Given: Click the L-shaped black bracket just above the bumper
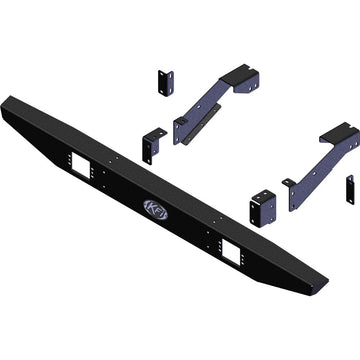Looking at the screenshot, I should pyautogui.click(x=152, y=143).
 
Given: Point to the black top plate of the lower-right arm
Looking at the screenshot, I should pyautogui.click(x=340, y=132).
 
